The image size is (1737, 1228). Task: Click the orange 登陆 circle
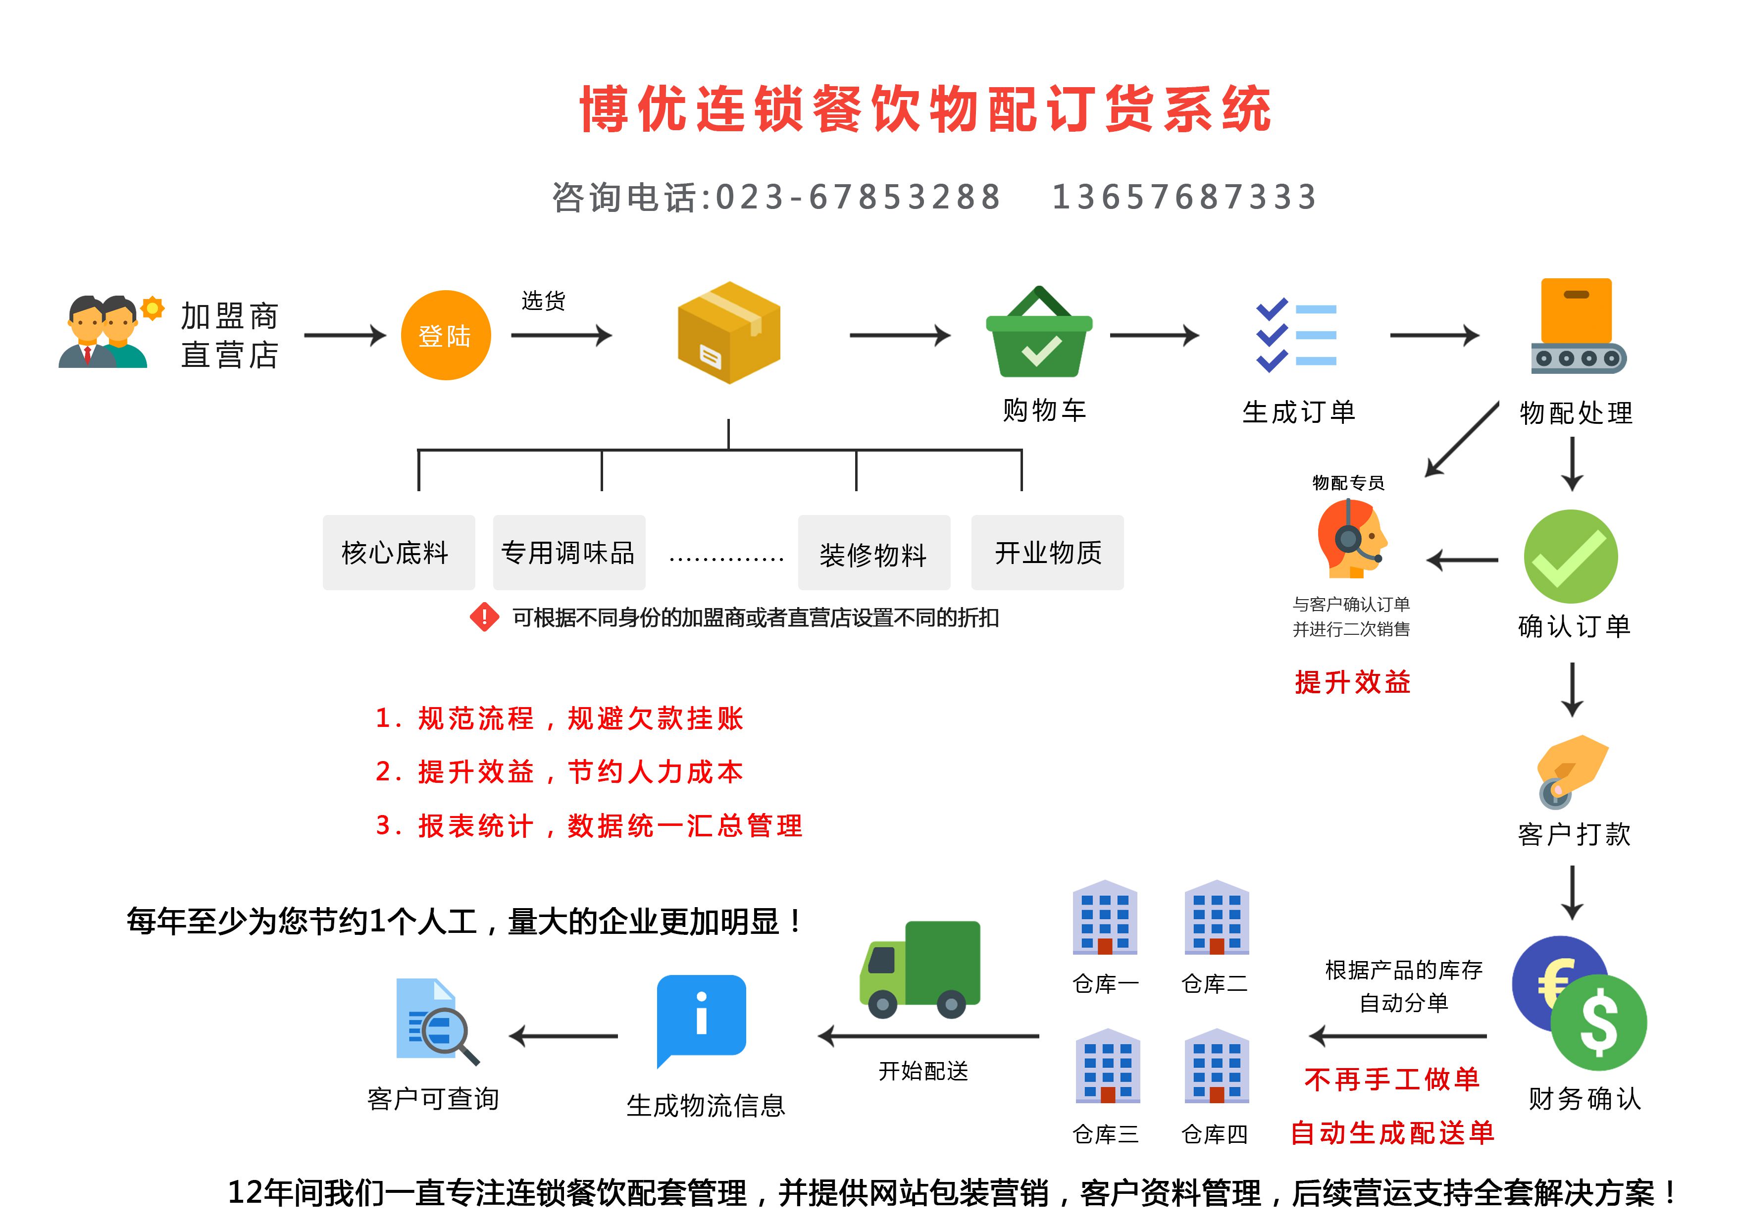pos(446,335)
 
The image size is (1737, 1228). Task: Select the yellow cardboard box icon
pos(728,332)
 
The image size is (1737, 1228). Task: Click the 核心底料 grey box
pos(399,552)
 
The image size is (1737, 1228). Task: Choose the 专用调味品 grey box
pos(569,552)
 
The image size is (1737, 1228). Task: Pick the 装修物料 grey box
pos(874,552)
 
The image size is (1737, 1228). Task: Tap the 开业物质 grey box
pos(1047,552)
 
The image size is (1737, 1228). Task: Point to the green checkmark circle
pos(1571,556)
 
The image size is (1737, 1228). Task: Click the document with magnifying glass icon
pos(437,1022)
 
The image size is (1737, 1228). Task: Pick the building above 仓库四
pos(1217,1065)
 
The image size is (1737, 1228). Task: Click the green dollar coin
pos(1598,1022)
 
